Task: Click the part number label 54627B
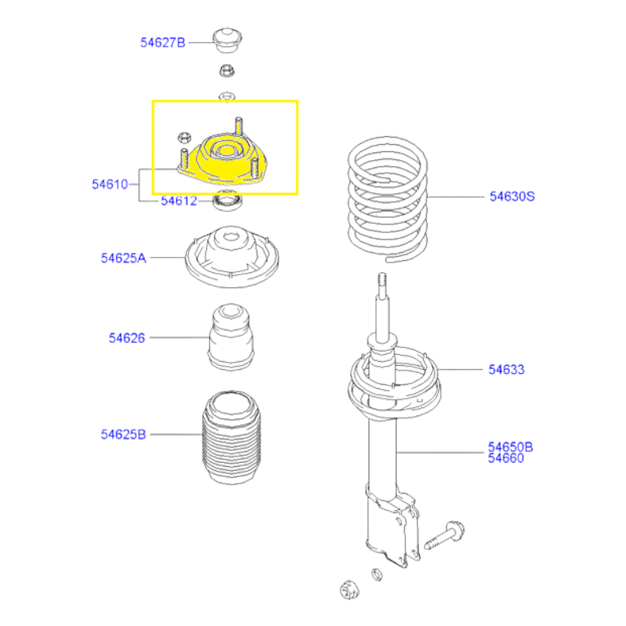(162, 42)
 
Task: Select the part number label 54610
(110, 184)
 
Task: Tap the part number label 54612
(179, 201)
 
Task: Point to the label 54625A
(123, 258)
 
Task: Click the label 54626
(126, 338)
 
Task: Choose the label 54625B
(123, 434)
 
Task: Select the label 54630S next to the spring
(512, 196)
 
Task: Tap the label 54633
(506, 369)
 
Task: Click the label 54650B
(510, 446)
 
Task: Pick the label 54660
(506, 458)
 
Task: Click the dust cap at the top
(227, 41)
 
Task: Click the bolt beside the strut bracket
(444, 535)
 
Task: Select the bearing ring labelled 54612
(228, 201)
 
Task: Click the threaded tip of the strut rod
(382, 279)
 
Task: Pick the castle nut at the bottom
(350, 589)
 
